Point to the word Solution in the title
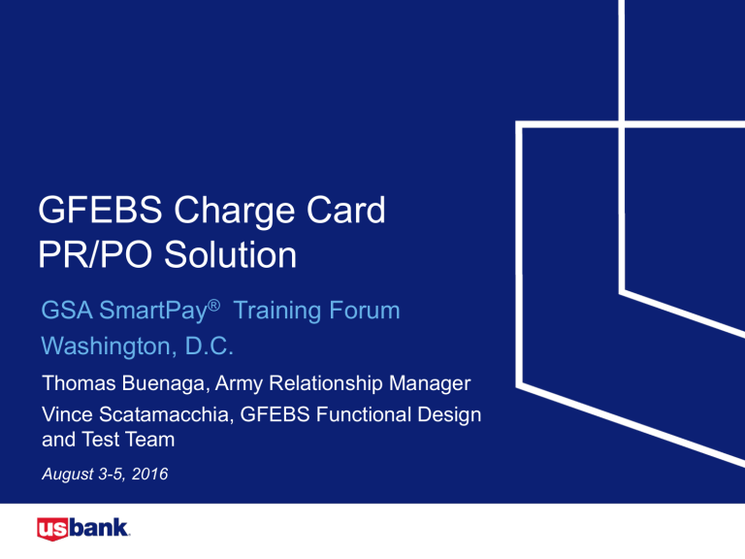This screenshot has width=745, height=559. click(229, 256)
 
